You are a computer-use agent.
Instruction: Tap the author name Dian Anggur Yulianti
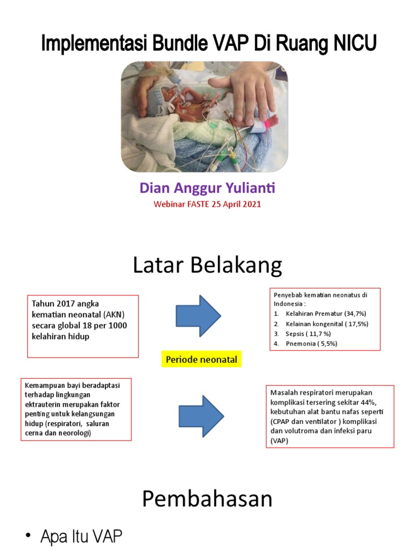tap(207, 188)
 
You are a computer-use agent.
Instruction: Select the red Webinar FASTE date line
tap(207, 204)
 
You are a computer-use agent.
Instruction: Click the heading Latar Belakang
tap(207, 266)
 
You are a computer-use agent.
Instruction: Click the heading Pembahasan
tap(207, 500)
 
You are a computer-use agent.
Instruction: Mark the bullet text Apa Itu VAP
tap(81, 537)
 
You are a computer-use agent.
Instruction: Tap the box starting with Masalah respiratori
tap(330, 416)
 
